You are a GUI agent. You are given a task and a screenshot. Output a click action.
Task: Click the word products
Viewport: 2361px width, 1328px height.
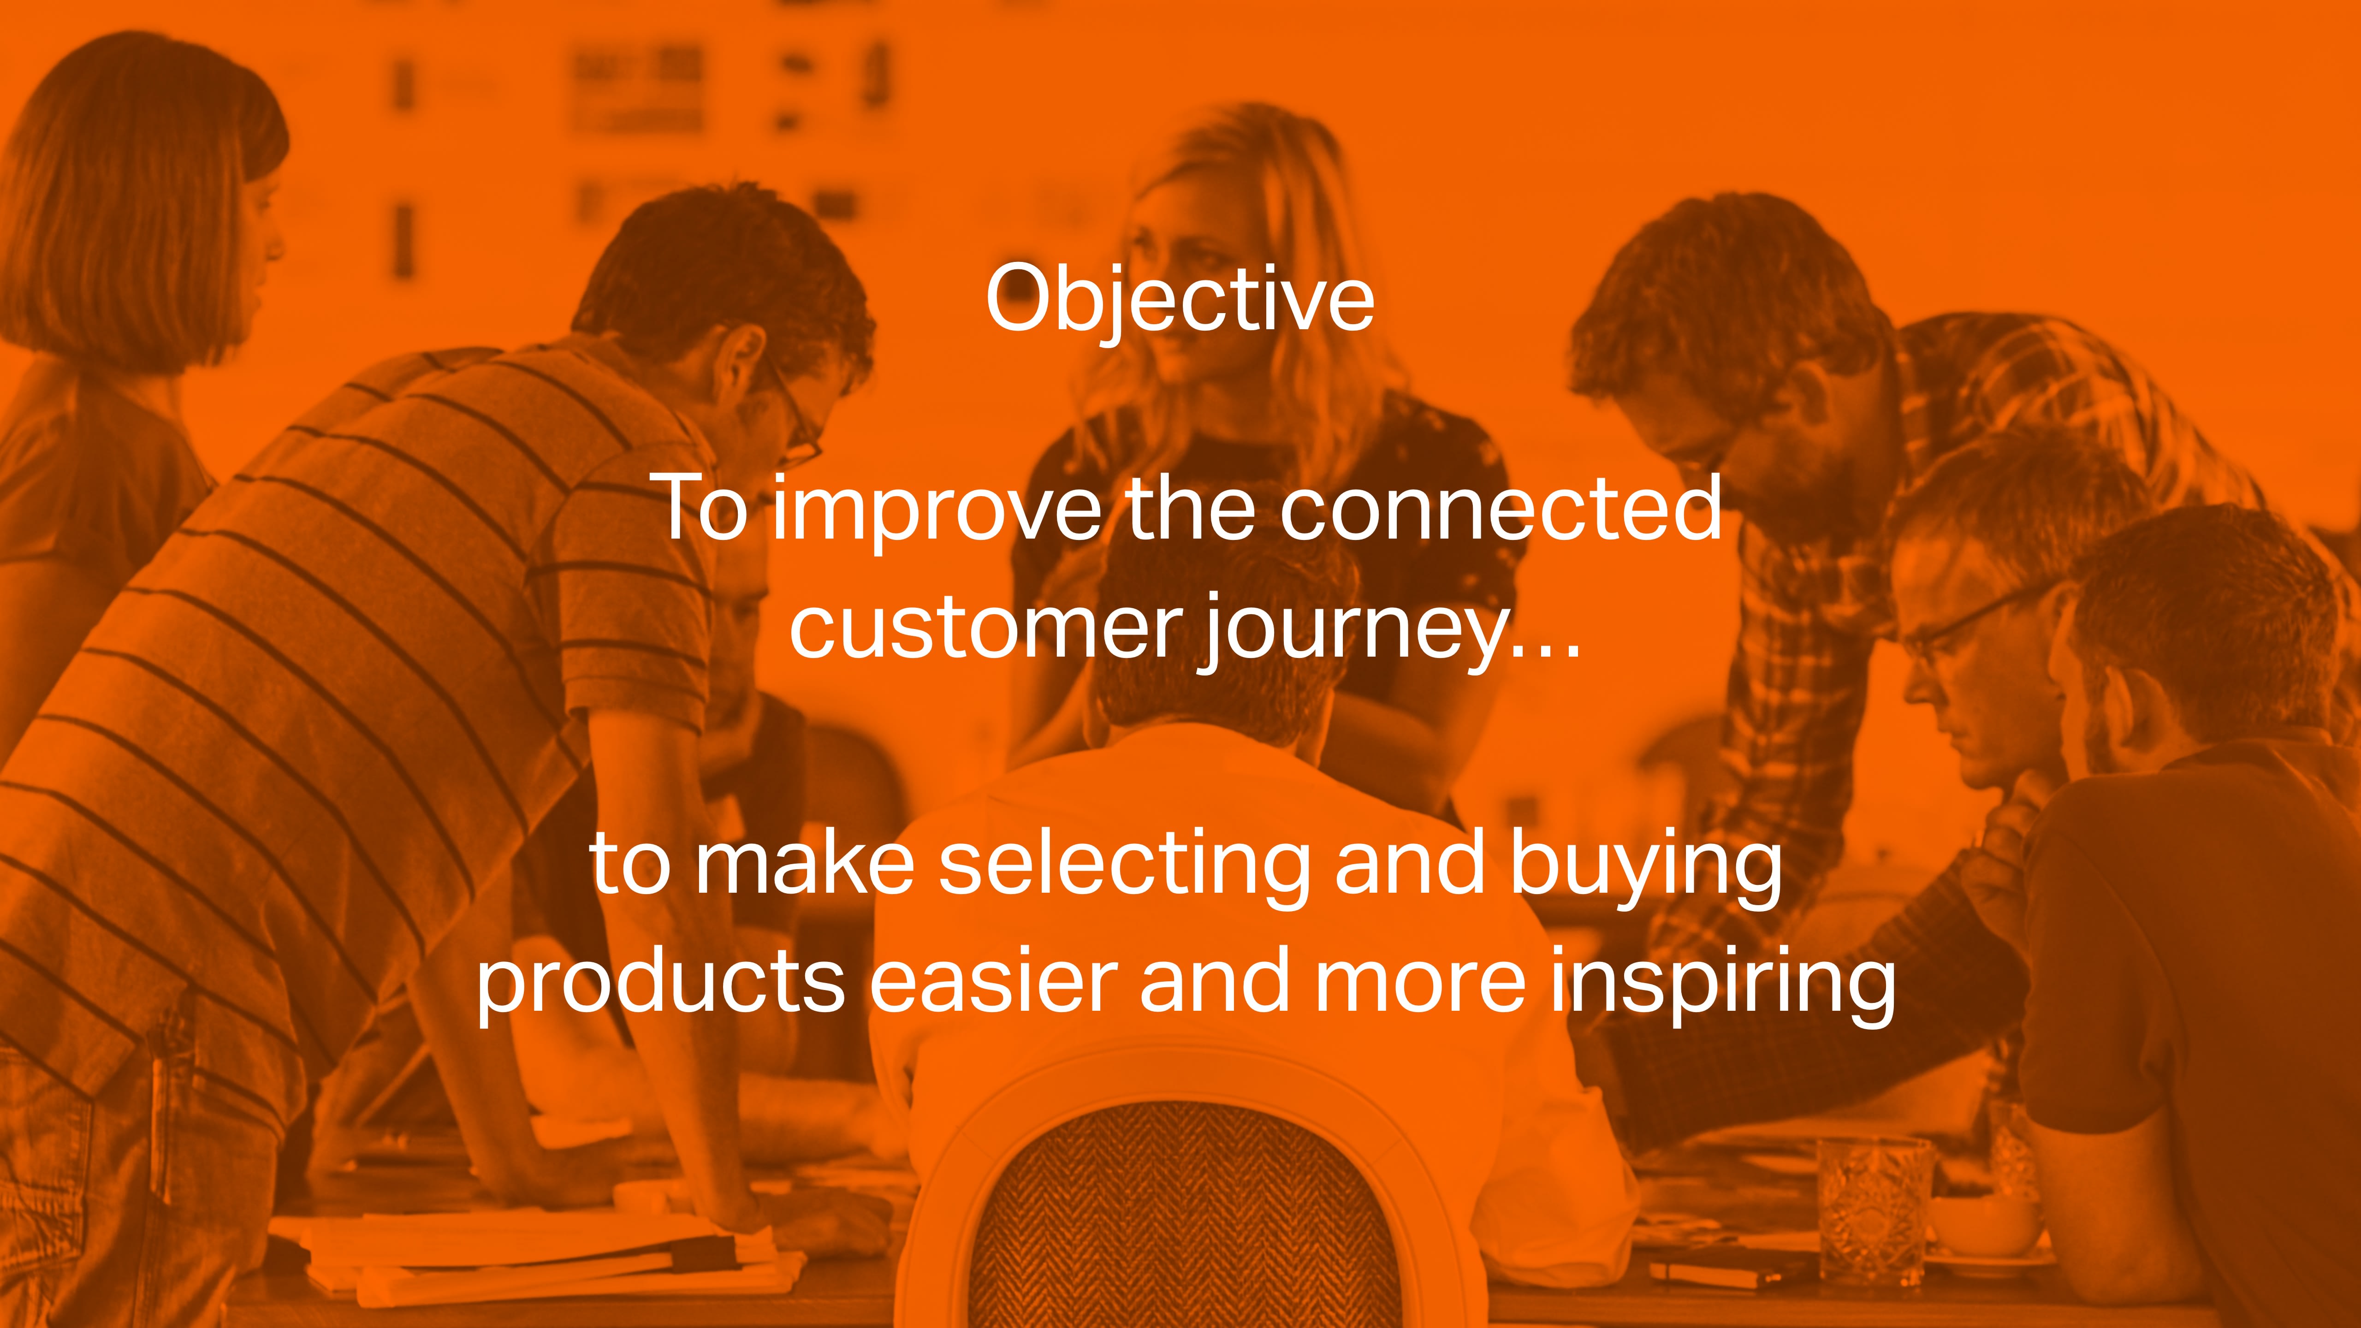pyautogui.click(x=660, y=985)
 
